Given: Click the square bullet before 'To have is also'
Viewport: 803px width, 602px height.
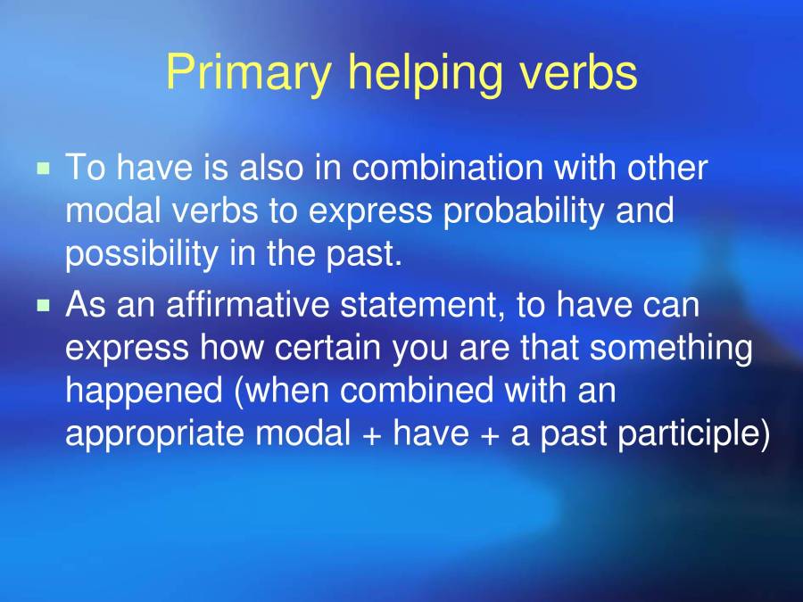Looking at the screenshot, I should [x=43, y=168].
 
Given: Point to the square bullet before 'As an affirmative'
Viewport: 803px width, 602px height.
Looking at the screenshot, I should [x=43, y=305].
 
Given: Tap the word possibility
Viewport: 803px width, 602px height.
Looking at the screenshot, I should [x=139, y=254].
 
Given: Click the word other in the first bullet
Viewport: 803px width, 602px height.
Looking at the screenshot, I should [x=667, y=168].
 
